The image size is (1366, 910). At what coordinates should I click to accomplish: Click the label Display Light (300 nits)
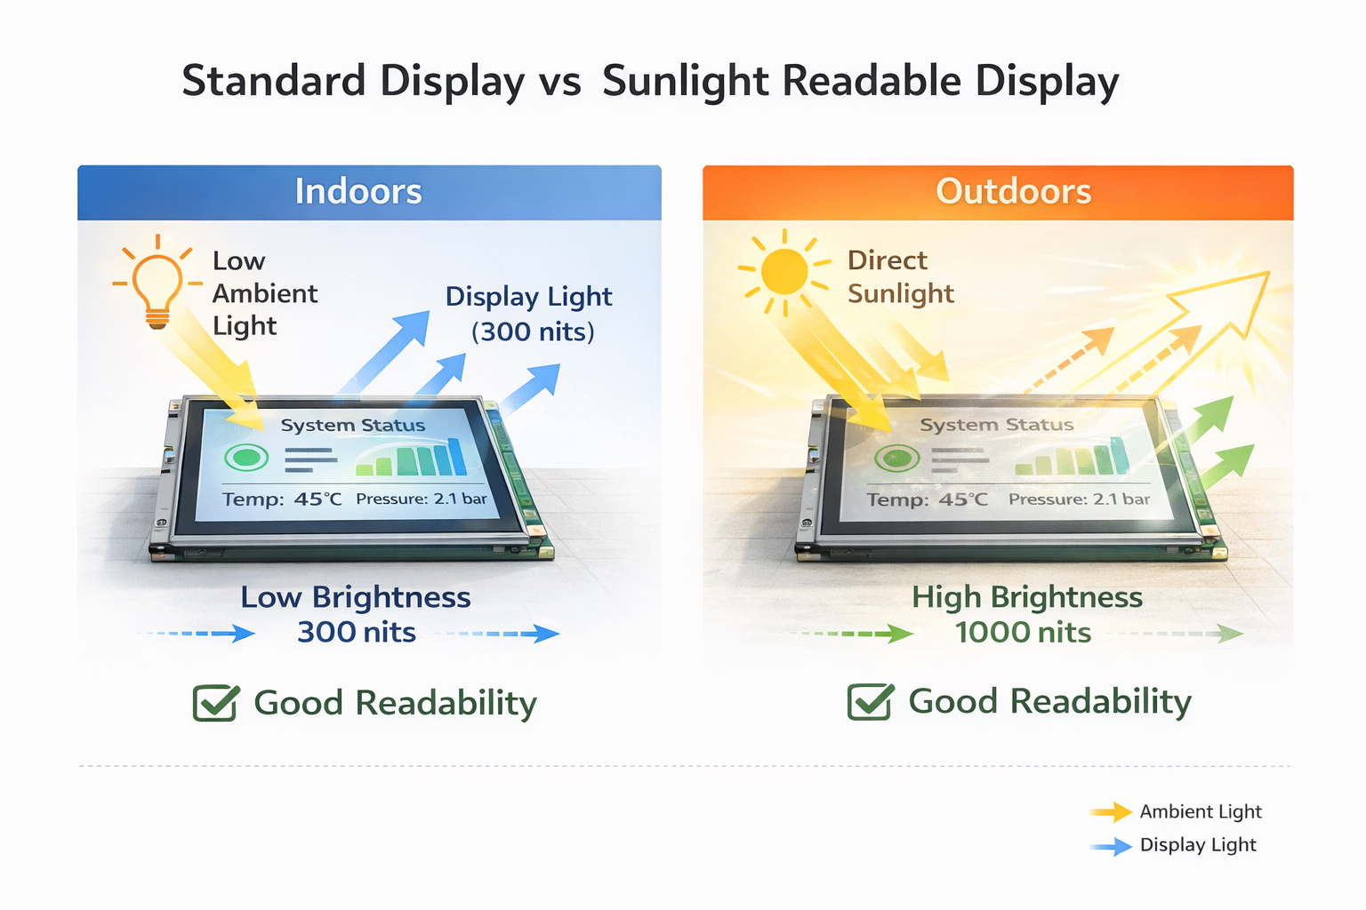530,314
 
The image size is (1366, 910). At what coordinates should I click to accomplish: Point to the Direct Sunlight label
899,276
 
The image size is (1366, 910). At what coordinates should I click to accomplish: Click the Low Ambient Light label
263,293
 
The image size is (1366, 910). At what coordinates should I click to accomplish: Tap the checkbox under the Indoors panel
215,703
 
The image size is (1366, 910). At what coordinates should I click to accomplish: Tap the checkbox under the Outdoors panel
870,702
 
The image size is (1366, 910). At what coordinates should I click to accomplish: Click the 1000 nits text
1023,633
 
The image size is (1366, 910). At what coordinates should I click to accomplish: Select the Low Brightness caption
355,597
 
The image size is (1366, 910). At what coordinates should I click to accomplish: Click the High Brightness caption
1027,597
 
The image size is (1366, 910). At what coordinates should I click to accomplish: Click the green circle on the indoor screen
246,459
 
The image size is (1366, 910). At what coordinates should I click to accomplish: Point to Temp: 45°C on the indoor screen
281,499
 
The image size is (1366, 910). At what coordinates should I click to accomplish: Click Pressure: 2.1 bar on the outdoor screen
1079,499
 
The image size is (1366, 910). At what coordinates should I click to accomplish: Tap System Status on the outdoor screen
996,426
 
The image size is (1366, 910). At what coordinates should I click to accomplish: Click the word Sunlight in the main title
685,82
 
